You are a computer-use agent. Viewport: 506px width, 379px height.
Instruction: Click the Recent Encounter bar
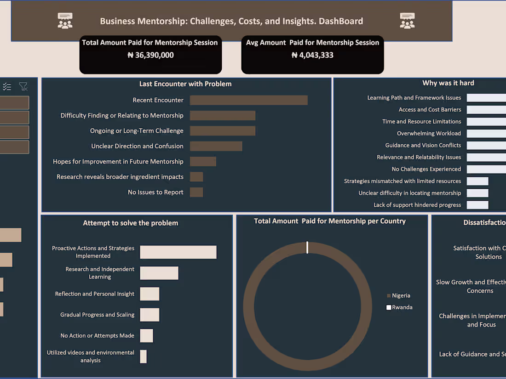coord(248,100)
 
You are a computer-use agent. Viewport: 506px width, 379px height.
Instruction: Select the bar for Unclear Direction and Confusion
coord(216,146)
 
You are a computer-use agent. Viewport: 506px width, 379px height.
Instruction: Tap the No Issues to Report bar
coord(196,192)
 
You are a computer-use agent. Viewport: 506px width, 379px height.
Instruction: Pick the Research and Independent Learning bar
coord(159,273)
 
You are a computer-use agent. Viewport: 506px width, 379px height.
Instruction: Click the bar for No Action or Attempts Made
coord(146,336)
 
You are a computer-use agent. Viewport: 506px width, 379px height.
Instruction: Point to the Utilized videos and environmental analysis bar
coord(143,356)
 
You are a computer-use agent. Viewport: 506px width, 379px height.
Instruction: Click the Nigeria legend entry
coord(401,296)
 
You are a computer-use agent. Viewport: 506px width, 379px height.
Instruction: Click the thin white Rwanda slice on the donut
coord(307,247)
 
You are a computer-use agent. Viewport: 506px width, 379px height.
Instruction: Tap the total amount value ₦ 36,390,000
coord(150,55)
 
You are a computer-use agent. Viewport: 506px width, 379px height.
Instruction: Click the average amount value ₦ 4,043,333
coord(312,55)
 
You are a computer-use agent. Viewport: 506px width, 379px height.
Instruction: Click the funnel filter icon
coord(23,86)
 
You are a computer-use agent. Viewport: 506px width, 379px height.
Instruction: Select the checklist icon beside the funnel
coord(7,86)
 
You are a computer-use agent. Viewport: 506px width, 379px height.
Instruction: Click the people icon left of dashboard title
coord(65,21)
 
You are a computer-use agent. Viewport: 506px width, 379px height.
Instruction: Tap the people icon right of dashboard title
coord(407,21)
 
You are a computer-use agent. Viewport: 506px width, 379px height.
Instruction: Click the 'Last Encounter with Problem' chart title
coord(185,84)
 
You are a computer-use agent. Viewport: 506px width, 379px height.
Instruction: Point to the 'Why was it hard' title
coord(448,83)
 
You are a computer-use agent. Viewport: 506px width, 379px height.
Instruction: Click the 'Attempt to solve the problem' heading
coord(131,223)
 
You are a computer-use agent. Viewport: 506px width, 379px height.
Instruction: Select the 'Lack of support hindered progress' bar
coord(477,205)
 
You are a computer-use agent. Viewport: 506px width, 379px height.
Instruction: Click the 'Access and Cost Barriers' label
coord(430,110)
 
